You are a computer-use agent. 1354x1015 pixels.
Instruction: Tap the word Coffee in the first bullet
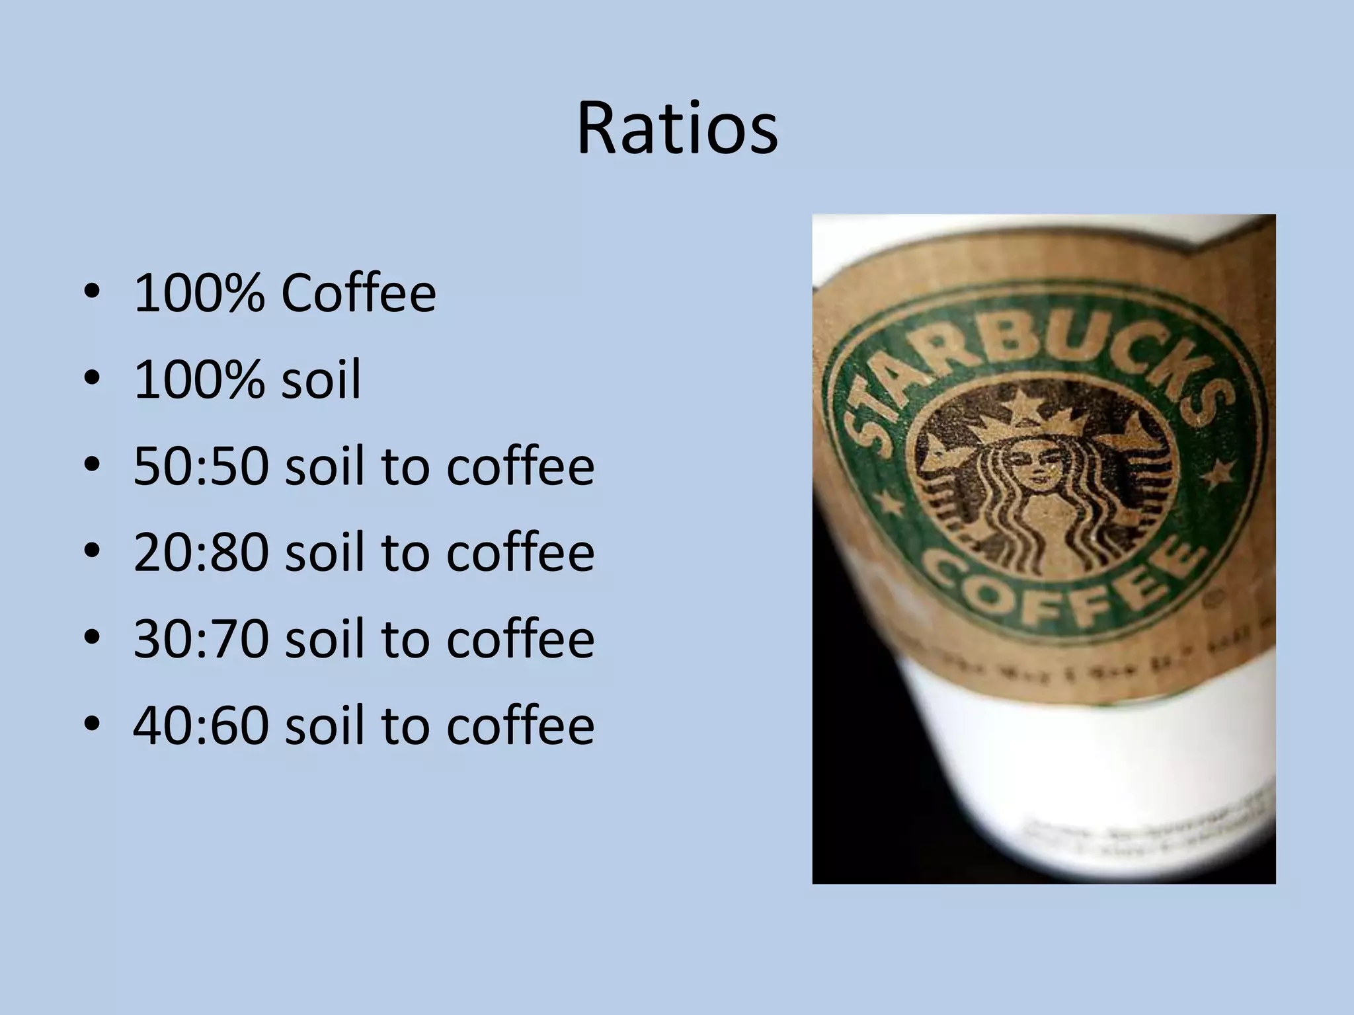358,293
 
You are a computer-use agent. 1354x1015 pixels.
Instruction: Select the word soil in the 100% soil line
321,380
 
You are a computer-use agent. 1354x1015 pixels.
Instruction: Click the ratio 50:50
201,467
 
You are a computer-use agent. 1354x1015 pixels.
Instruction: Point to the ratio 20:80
201,552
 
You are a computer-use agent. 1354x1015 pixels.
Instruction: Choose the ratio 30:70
201,639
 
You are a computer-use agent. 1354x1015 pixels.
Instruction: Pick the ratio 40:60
201,726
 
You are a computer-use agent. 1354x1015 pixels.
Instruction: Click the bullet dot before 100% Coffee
93,293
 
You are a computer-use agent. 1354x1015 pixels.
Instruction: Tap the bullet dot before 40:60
93,726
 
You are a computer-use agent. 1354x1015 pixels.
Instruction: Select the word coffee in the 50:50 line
520,467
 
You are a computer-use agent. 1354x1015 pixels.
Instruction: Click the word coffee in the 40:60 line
520,726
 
